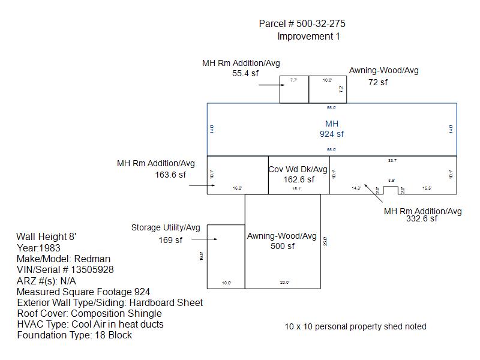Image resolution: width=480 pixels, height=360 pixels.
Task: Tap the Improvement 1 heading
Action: [x=308, y=37]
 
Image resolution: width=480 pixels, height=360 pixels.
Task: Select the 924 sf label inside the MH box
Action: [x=332, y=134]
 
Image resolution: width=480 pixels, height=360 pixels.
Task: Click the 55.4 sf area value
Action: [x=245, y=73]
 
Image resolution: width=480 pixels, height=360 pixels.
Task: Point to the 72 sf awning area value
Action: [x=378, y=82]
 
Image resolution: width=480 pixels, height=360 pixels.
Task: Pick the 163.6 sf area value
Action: [x=170, y=175]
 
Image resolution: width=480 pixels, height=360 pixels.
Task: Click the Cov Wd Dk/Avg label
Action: [x=298, y=170]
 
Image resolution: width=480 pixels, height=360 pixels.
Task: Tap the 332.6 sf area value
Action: [x=422, y=219]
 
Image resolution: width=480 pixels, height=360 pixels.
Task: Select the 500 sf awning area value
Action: [x=283, y=246]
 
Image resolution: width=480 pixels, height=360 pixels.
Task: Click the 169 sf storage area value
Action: [x=170, y=241]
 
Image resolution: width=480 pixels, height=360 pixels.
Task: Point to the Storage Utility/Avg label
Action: [x=166, y=228]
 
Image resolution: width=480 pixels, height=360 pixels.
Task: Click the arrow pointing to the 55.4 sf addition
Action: [x=269, y=85]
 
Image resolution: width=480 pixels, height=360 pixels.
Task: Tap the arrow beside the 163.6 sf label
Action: [x=199, y=186]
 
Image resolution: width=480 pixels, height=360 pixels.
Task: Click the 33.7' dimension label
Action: [x=393, y=161]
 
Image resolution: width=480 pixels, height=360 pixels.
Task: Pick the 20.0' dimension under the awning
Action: [x=284, y=282]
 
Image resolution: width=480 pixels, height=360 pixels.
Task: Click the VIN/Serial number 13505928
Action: [x=92, y=270]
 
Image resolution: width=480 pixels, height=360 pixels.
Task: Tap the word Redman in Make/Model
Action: [x=92, y=259]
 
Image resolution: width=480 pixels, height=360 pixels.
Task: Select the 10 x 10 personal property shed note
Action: [x=355, y=327]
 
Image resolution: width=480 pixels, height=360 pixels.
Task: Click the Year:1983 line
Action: [x=38, y=248]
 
